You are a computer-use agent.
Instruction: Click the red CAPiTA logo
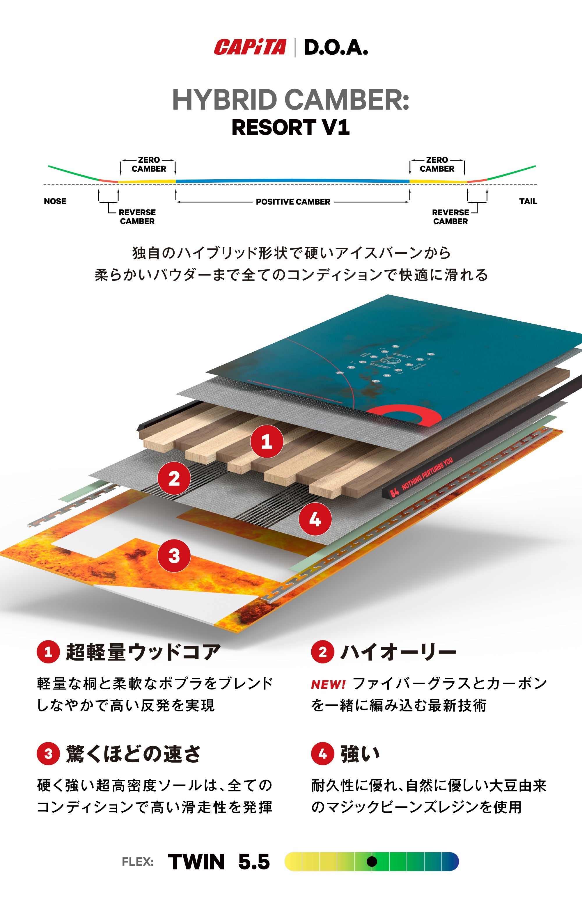250,47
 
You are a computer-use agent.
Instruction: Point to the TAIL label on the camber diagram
528,201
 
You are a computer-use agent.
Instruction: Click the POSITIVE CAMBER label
293,202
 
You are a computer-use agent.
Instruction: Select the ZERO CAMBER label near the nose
148,164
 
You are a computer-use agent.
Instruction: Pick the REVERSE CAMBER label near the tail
450,216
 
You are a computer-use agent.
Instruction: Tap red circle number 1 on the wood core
267,441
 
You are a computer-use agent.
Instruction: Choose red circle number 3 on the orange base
174,555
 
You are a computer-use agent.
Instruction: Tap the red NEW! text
328,684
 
